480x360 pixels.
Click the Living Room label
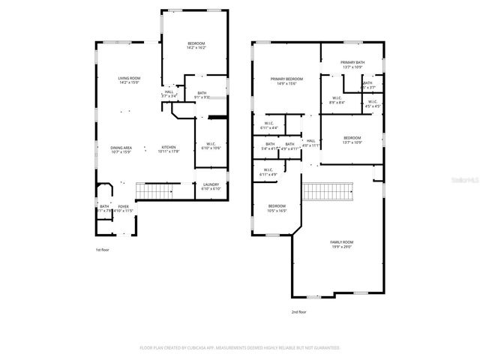coord(129,79)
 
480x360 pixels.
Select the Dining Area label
coord(121,148)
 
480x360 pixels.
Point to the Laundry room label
coord(211,186)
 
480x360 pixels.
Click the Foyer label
coord(121,208)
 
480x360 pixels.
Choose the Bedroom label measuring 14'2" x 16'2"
coord(196,45)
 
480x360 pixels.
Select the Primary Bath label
coord(352,64)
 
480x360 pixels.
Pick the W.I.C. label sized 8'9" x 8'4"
coord(337,100)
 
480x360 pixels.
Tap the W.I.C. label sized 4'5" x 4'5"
coord(372,103)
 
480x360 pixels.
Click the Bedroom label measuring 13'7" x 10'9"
coord(352,139)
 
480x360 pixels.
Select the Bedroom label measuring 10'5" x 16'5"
coord(277,208)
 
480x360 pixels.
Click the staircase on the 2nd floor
coord(327,191)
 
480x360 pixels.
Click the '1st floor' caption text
coord(103,249)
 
